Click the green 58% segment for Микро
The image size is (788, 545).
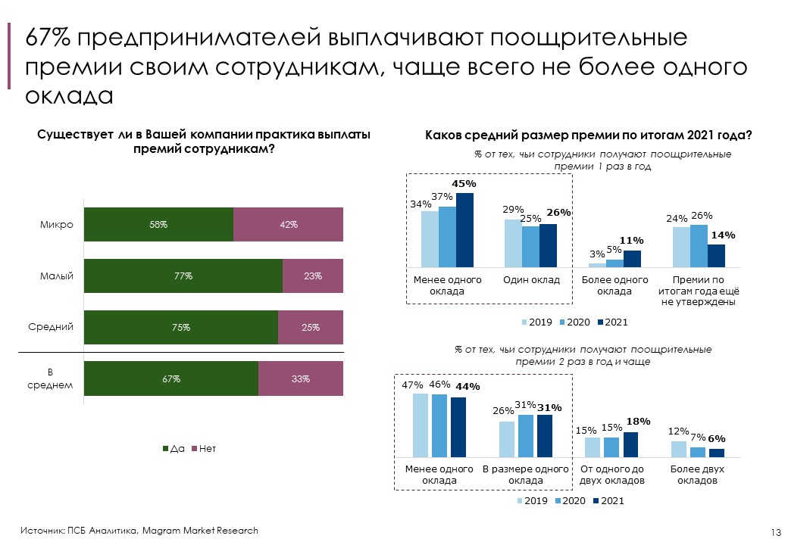click(158, 225)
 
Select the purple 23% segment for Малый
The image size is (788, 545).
click(313, 276)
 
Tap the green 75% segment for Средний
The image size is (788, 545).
click(180, 328)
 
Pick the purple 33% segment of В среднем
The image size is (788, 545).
click(301, 378)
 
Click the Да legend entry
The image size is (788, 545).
click(174, 449)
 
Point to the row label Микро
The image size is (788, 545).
click(57, 225)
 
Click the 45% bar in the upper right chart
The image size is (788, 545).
click(464, 229)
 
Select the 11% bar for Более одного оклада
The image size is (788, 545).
click(632, 258)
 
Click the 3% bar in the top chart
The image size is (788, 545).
click(597, 265)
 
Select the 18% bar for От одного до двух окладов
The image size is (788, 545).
click(630, 444)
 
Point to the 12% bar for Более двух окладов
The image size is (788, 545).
click(678, 449)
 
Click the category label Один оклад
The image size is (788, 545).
click(531, 280)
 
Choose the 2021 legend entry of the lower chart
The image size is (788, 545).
click(609, 501)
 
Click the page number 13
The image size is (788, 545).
click(775, 532)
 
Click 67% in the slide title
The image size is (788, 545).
click(48, 38)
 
